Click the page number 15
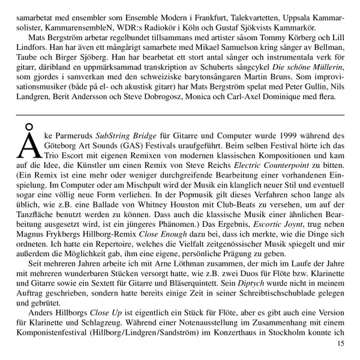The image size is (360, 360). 340,343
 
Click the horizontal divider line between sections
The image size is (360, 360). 180,114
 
